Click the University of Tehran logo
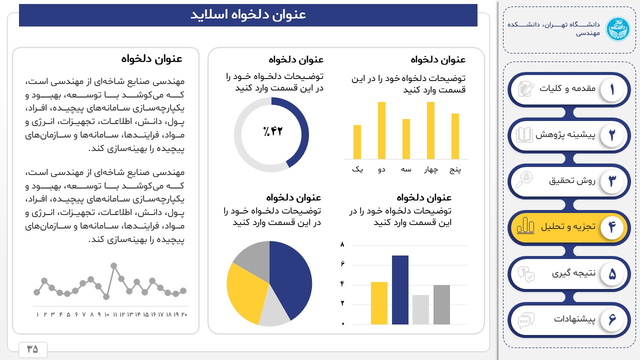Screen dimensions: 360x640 point(618,29)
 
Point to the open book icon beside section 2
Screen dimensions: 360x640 point(524,135)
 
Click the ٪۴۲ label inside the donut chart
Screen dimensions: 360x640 point(272,131)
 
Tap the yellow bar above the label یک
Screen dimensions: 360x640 point(357,142)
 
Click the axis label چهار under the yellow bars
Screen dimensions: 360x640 point(431,169)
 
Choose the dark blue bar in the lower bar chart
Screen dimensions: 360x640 point(400,290)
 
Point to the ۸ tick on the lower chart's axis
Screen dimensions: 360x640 point(342,244)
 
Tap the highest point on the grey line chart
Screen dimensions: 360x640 point(113,265)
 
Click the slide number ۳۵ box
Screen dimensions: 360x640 point(32,349)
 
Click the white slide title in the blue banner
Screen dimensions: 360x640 point(248,15)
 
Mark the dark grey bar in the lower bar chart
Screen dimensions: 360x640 point(441,304)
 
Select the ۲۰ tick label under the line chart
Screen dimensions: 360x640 point(184,314)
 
